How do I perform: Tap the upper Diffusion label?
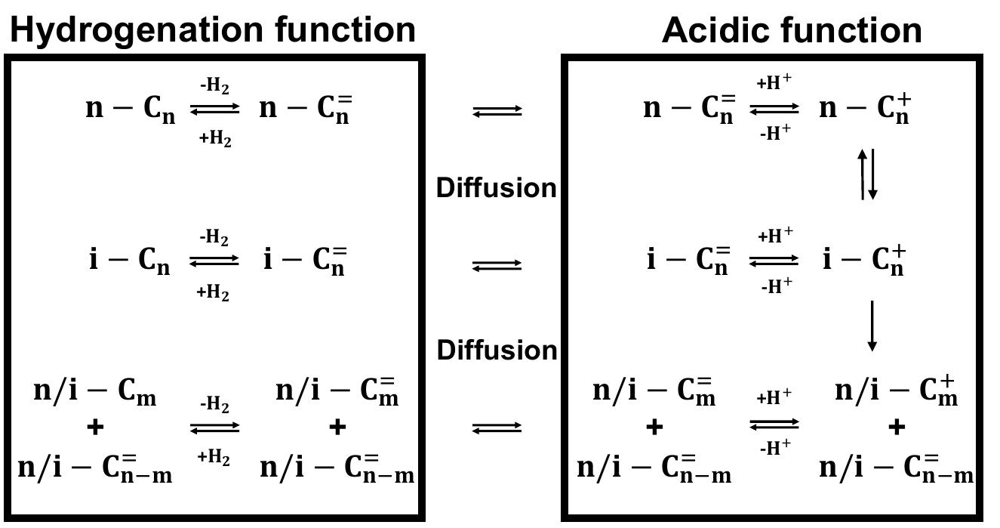tap(497, 187)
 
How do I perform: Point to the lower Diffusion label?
tap(497, 350)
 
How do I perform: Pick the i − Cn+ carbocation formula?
tap(863, 261)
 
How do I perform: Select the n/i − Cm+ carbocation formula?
tap(896, 392)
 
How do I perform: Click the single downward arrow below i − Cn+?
tap(872, 326)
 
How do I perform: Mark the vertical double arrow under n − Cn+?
tap(868, 174)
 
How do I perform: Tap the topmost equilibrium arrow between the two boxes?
tap(497, 111)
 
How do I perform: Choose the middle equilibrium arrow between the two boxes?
tap(497, 265)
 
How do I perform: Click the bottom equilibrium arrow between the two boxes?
tap(497, 428)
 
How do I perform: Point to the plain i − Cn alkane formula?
tap(130, 261)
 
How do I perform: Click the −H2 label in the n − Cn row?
tap(214, 86)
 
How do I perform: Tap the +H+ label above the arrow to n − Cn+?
tap(774, 84)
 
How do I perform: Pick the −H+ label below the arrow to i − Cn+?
tap(776, 286)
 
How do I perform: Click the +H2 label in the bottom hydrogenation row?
tap(214, 457)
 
